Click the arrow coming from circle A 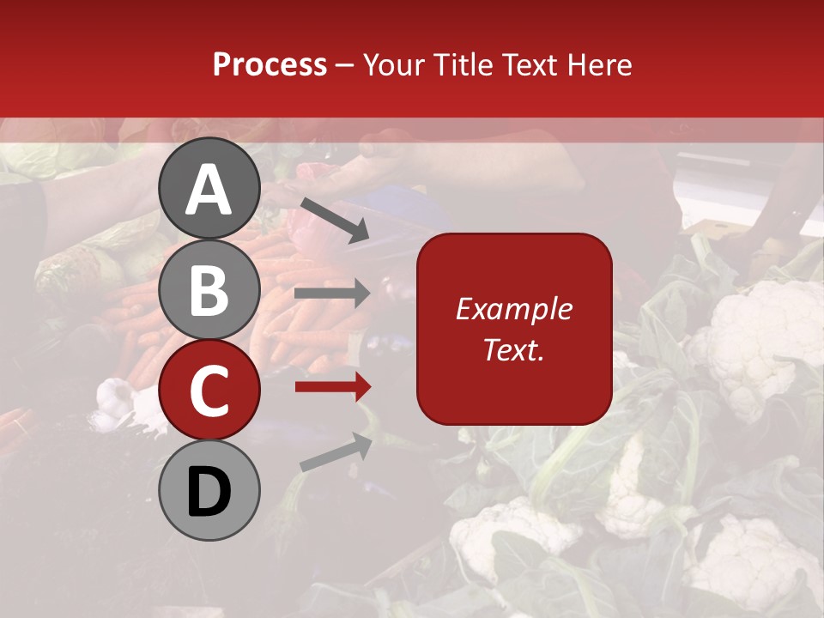click(335, 220)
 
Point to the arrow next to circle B click(332, 294)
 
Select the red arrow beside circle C click(332, 387)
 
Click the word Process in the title click(270, 65)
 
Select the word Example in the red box click(513, 309)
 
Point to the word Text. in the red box click(513, 349)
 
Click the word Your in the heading click(394, 65)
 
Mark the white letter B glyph click(209, 290)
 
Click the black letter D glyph click(209, 494)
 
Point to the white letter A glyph click(209, 190)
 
